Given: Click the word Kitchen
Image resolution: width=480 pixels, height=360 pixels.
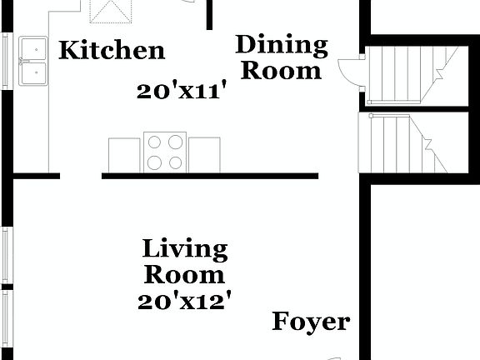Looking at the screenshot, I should click(112, 51).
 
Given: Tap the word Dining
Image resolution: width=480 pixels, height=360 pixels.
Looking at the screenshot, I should click(280, 44).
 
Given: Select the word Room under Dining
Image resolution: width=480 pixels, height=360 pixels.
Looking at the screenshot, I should click(280, 70).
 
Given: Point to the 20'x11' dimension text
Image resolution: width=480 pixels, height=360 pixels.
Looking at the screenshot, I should click(183, 91).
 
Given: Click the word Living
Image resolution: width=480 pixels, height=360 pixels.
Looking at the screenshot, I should click(185, 248).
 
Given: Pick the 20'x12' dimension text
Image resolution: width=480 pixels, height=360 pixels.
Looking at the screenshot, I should click(184, 300).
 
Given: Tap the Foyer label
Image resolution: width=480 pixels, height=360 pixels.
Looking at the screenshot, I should click(311, 322).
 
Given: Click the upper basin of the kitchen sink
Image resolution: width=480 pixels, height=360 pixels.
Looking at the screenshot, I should click(35, 49).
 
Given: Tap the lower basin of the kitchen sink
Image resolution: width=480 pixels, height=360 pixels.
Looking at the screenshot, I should click(35, 75).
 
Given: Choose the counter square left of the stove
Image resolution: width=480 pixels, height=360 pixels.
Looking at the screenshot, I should click(124, 154).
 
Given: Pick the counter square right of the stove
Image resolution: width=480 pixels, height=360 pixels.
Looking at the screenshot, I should click(204, 154).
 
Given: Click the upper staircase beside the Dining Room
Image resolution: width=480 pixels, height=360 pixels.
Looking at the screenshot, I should click(408, 75).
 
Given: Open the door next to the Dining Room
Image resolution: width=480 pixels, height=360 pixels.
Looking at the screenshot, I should click(350, 71).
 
